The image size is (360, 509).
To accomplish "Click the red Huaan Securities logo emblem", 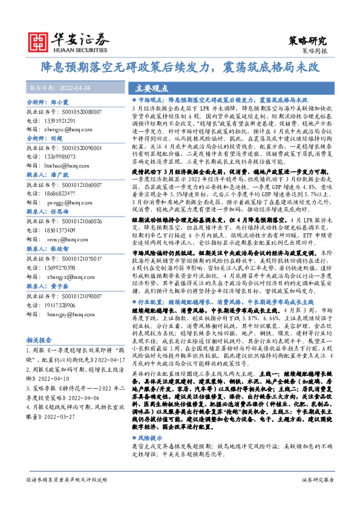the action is click(x=40, y=42).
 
